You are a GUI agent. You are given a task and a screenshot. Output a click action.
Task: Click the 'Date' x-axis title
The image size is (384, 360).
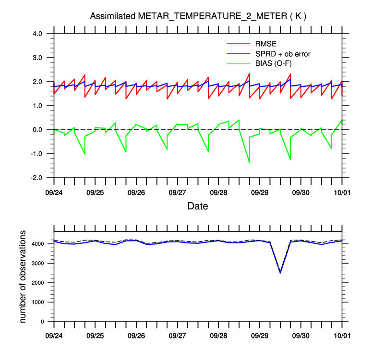tap(198, 206)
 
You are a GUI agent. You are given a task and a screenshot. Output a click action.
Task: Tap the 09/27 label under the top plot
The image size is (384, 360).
tap(178, 192)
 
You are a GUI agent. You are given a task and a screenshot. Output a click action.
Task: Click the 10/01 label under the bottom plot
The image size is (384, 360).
tap(342, 334)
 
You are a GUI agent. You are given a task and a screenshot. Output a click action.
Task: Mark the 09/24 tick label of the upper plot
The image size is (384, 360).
tap(54, 192)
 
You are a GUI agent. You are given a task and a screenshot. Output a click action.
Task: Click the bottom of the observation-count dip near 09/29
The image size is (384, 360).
tap(280, 273)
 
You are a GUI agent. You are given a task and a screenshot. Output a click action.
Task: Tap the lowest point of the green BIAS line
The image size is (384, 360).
tap(249, 162)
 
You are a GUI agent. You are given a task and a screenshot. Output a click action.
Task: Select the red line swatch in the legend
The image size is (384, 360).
tap(239, 44)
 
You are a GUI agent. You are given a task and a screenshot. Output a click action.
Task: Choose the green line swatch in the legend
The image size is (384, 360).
tap(239, 63)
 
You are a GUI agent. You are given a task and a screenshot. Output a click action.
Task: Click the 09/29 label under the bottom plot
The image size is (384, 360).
tap(260, 334)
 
